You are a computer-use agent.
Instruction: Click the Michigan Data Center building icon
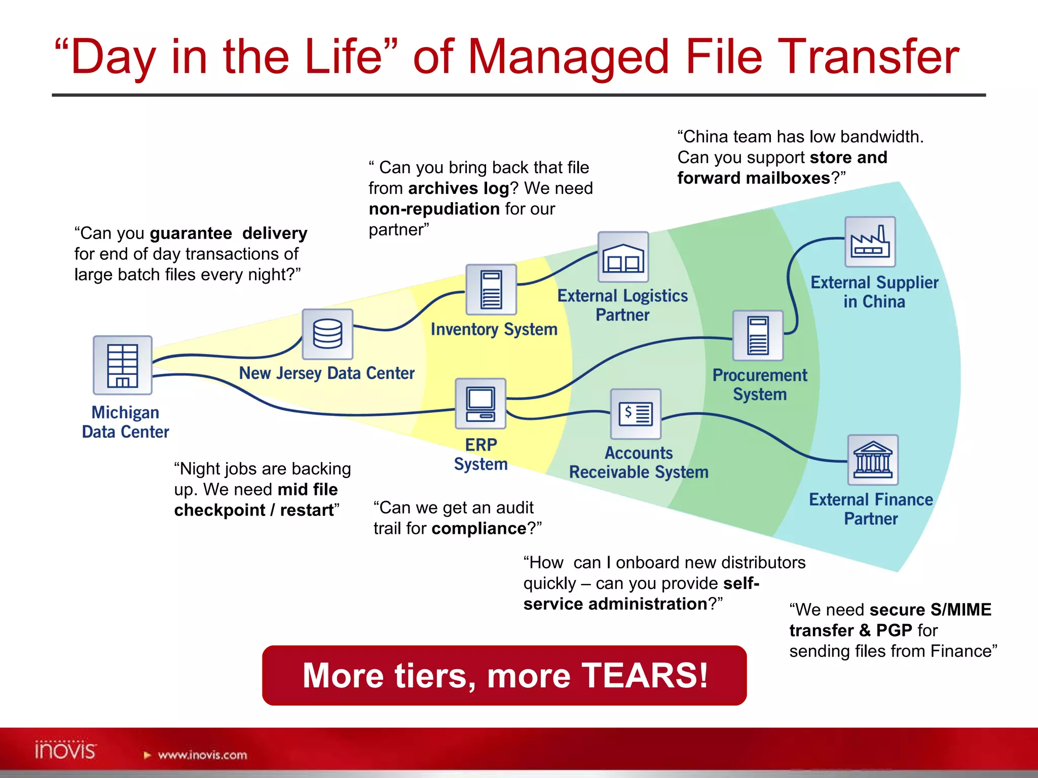[122, 365]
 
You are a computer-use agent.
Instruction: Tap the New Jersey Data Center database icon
[327, 334]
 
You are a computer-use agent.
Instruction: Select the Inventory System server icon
[491, 290]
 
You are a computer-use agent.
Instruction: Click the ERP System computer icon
[480, 404]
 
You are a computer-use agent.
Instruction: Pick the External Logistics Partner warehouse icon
[623, 257]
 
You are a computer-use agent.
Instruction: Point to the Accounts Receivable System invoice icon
[636, 414]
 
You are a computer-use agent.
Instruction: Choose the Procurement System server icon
[758, 336]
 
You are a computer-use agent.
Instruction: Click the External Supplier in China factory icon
[870, 242]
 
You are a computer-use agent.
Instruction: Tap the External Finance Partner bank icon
[872, 460]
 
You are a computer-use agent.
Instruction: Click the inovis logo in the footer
[65, 750]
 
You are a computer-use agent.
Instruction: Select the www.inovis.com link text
[202, 755]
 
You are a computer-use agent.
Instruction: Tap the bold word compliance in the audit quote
[479, 529]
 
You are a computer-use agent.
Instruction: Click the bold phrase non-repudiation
[434, 209]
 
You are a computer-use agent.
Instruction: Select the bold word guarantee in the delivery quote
[191, 234]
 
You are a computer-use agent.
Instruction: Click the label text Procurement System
[759, 385]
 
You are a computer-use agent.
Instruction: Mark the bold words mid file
[308, 490]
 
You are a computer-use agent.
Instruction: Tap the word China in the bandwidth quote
[709, 137]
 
